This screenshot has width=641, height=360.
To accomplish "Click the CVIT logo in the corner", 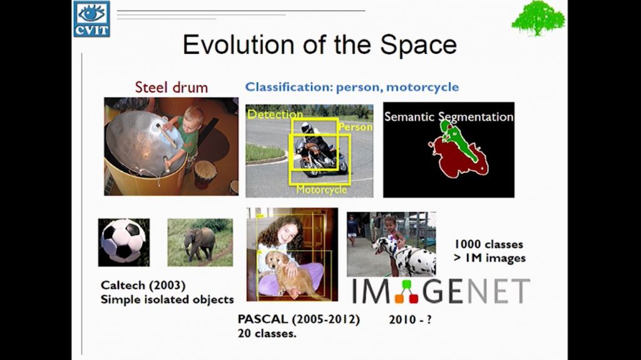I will pos(91,19).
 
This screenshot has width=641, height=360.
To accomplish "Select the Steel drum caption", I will pos(171,87).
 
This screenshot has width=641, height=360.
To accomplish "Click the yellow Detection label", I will pos(275,115).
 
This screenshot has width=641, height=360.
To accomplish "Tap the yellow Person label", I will pos(356,127).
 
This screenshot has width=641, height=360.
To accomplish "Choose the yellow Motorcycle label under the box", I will pos(321,189).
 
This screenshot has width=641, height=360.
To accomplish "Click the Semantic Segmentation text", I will pos(448,117).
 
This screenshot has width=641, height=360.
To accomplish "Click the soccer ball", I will pos(123,241).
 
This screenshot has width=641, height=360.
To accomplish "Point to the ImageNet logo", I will pos(440,291).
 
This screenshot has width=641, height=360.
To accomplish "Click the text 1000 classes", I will pos(488,244).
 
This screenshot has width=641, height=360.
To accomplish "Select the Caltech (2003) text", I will pos(143,285).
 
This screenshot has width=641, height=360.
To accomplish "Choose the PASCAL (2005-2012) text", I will pos(299,319).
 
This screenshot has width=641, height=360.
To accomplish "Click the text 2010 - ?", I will pos(410,319).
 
